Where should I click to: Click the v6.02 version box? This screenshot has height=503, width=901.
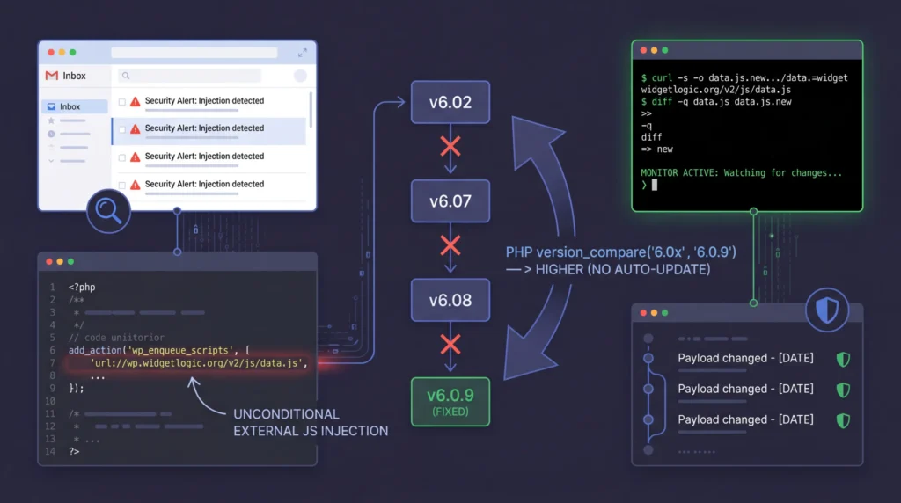point(450,102)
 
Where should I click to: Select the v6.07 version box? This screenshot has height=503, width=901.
point(450,201)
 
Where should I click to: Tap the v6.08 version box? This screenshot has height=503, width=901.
point(450,300)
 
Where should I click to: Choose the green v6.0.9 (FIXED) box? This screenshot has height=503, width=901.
point(450,402)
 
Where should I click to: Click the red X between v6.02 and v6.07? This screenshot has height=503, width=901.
point(450,145)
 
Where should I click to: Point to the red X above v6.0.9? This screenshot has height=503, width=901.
point(450,344)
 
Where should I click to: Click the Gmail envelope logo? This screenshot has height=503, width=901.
point(52,77)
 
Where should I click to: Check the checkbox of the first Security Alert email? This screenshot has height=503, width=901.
point(121,102)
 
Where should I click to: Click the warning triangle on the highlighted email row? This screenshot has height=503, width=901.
point(135,129)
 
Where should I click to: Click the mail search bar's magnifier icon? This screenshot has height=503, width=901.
point(125,77)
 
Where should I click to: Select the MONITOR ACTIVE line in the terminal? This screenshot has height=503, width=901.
point(741,173)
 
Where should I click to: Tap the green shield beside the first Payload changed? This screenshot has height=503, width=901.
point(842,359)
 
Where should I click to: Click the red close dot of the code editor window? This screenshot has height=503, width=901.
point(49,262)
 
